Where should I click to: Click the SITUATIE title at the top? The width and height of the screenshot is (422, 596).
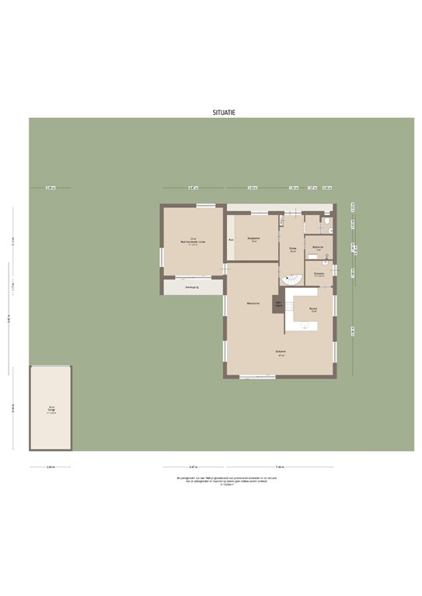coord(224,113)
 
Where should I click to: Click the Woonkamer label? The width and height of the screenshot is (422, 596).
coord(252,303)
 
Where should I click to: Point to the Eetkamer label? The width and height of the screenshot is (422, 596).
coord(281,352)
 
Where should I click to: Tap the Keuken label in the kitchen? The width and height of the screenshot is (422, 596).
coord(313,309)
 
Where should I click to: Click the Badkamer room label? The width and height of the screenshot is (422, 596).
coord(318,248)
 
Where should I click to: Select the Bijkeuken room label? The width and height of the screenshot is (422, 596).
coord(319,274)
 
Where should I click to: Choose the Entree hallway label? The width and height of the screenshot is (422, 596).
coord(293,250)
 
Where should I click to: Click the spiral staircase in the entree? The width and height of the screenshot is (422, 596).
coord(291,278)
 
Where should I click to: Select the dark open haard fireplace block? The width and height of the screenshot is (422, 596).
coord(277,304)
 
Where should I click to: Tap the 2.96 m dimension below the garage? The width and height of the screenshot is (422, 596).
coord(51,467)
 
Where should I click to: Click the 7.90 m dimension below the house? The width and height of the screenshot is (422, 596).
coord(281,467)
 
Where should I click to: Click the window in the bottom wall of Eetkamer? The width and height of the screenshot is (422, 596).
coord(257,377)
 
